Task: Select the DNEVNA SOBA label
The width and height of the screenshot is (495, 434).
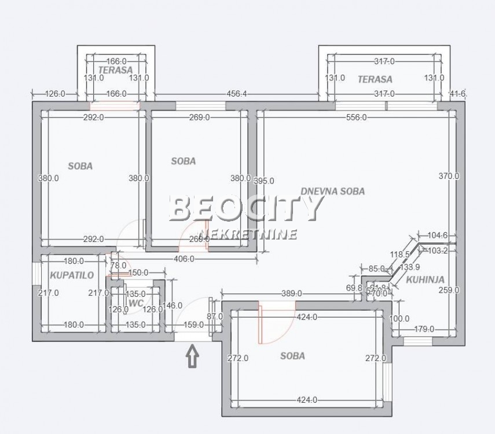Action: [x=332, y=192]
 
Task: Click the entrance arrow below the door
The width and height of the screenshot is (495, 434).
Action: [x=193, y=356]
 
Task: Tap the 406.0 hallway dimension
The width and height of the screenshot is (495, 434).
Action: [x=185, y=259]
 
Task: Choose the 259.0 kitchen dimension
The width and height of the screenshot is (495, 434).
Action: [x=448, y=290]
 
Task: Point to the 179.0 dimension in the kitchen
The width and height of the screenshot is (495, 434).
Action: [x=424, y=329]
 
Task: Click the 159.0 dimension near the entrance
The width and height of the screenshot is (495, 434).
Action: [x=193, y=325]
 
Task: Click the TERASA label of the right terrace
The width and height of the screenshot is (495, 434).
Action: [x=375, y=79]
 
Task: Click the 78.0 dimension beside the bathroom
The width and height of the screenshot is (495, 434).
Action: [x=118, y=265]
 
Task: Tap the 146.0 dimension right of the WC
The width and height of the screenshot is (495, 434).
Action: [x=173, y=306]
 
